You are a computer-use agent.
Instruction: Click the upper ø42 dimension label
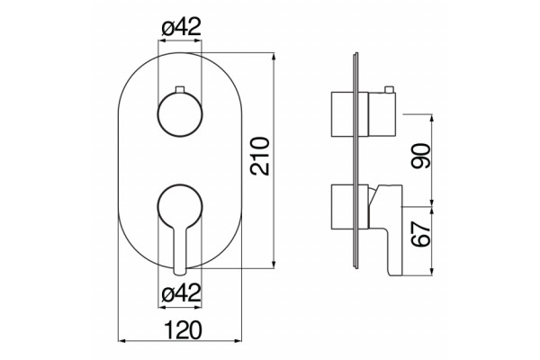click(181, 27)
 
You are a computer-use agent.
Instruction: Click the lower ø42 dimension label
click(181, 292)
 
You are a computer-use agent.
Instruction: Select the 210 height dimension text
click(260, 157)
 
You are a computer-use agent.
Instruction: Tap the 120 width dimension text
click(183, 330)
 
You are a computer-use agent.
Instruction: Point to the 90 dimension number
click(421, 156)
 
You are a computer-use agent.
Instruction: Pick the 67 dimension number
click(421, 234)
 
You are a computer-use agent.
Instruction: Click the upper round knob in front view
click(180, 114)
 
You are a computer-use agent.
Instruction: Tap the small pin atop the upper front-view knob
click(180, 89)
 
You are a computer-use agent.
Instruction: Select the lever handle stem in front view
click(180, 248)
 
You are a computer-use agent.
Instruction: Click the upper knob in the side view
click(382, 114)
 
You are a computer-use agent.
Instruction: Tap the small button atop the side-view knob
click(389, 89)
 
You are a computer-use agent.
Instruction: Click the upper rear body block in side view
click(342, 114)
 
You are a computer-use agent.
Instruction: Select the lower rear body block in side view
click(342, 206)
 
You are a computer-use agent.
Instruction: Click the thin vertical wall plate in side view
click(356, 160)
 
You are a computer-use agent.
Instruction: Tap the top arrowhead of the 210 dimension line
click(274, 56)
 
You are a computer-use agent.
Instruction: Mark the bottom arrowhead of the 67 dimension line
click(432, 272)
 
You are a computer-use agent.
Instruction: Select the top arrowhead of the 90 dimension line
click(432, 118)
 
